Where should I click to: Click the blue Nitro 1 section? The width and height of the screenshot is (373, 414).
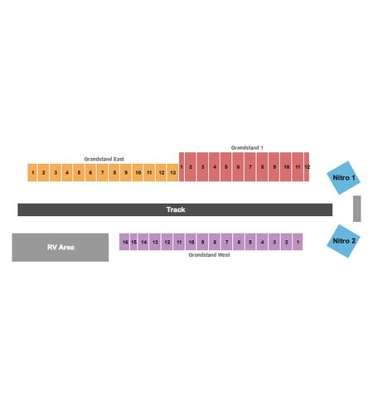tap(343, 178)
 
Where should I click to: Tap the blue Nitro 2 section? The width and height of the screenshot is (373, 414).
tap(343, 241)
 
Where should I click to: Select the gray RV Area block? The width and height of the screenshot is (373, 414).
tap(61, 248)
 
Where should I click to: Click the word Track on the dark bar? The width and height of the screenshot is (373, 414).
tap(176, 209)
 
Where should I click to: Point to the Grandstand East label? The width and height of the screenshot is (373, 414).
tap(104, 159)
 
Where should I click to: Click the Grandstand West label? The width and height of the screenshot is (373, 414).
tap(209, 255)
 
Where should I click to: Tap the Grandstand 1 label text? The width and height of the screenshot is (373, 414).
tap(247, 147)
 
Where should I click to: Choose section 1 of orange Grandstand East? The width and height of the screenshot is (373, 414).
tap(32, 173)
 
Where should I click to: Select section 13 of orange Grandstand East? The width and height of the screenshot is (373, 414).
tap(173, 173)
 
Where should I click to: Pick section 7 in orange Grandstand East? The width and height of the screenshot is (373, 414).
tap(102, 173)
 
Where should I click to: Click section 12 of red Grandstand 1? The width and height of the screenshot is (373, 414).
tap(307, 166)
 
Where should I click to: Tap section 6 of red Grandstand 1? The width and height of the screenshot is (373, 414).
tap(238, 166)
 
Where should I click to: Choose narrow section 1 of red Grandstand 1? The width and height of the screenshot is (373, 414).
tap(182, 166)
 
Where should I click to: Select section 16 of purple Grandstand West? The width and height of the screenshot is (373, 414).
tap(124, 242)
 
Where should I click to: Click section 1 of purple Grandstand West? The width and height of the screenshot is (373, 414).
tap(298, 242)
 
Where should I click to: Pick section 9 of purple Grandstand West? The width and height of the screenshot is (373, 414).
tap(202, 242)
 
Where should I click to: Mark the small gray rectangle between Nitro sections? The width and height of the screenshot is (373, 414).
tap(357, 209)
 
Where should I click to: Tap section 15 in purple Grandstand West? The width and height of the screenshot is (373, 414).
tap(133, 242)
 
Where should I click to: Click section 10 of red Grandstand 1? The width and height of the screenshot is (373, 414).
tap(286, 166)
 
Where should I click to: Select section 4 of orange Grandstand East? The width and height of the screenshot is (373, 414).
tap(67, 173)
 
